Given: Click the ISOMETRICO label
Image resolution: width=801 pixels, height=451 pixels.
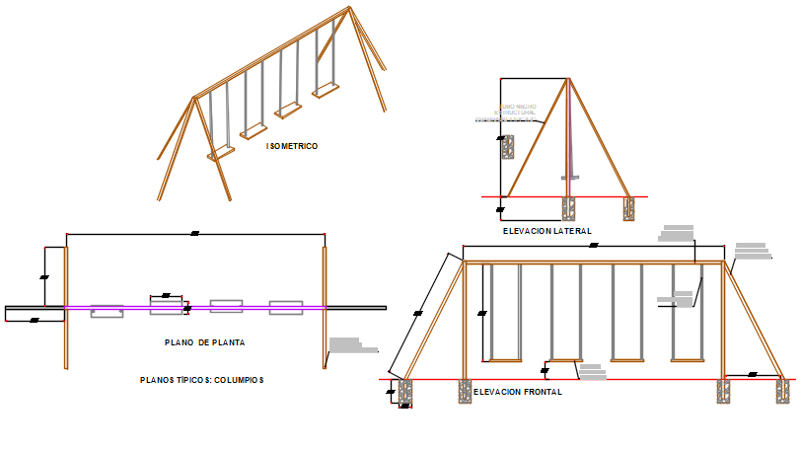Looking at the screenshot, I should click(x=292, y=146).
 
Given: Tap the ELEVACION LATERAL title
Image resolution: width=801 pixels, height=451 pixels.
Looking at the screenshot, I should click(x=546, y=231).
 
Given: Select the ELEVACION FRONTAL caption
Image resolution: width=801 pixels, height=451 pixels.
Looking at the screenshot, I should click(x=518, y=392).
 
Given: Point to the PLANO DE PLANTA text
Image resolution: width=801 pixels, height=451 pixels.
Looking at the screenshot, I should click(x=204, y=342).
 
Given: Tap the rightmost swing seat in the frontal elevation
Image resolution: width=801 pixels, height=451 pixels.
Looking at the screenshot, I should click(x=688, y=357).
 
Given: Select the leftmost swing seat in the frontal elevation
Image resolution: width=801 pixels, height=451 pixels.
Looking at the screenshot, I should click(x=505, y=357).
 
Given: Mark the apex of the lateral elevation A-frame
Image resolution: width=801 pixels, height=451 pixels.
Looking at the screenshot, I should click(x=568, y=79).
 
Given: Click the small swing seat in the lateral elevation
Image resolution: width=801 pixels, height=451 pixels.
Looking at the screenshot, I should click(x=569, y=178).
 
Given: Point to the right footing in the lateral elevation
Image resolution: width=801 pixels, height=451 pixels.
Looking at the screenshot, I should click(x=629, y=208).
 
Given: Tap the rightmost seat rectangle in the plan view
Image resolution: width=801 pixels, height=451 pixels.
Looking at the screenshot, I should click(x=286, y=305).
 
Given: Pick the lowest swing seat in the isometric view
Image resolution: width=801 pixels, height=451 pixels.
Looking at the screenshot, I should click(x=219, y=153).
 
